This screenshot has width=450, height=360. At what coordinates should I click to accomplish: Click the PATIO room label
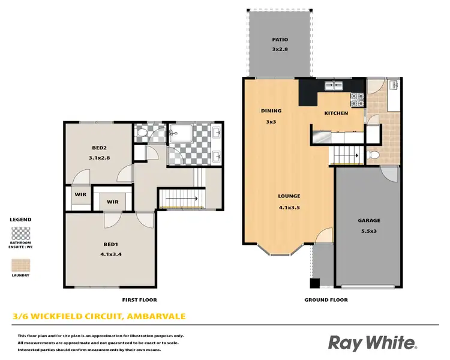coord(280,40)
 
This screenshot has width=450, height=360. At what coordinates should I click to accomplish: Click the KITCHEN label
coord(336,113)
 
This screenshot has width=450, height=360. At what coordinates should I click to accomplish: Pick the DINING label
coord(271,111)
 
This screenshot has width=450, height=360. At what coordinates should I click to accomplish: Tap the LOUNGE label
coord(289,196)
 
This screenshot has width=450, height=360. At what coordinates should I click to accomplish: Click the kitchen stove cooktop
coord(358,100)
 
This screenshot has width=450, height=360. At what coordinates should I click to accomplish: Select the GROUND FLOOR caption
coord(326,299)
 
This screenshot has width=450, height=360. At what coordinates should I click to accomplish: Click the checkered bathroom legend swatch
coord(22,233)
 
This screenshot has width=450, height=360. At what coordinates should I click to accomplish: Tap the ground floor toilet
coord(373,155)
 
